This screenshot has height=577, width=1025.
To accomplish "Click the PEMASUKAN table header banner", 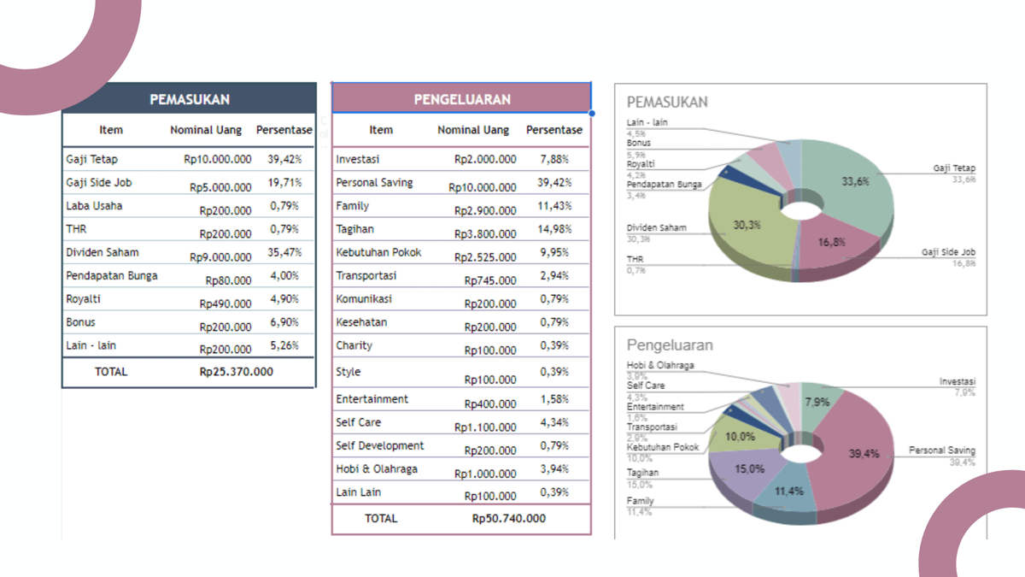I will (190, 99).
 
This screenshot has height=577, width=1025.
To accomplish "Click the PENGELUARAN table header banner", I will (461, 99).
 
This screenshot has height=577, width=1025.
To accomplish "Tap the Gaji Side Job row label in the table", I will (99, 182).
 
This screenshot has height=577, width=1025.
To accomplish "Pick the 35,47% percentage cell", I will (284, 252).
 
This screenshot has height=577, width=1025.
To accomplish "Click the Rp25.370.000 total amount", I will (236, 372).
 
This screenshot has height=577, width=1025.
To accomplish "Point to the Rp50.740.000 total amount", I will (509, 518).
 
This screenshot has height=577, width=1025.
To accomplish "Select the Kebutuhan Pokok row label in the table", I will (378, 252).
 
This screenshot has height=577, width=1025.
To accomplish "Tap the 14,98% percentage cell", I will (554, 229).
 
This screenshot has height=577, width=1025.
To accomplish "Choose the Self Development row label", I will (379, 445).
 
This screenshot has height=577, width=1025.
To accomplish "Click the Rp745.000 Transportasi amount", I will (490, 280).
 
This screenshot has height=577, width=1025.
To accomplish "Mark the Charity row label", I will (354, 345).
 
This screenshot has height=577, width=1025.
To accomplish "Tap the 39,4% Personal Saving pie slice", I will (863, 454).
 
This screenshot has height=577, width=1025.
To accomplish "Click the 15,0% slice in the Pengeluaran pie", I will (749, 469).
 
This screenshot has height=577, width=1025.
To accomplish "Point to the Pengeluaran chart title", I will (670, 345).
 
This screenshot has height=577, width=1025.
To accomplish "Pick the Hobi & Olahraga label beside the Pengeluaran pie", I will (660, 365).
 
